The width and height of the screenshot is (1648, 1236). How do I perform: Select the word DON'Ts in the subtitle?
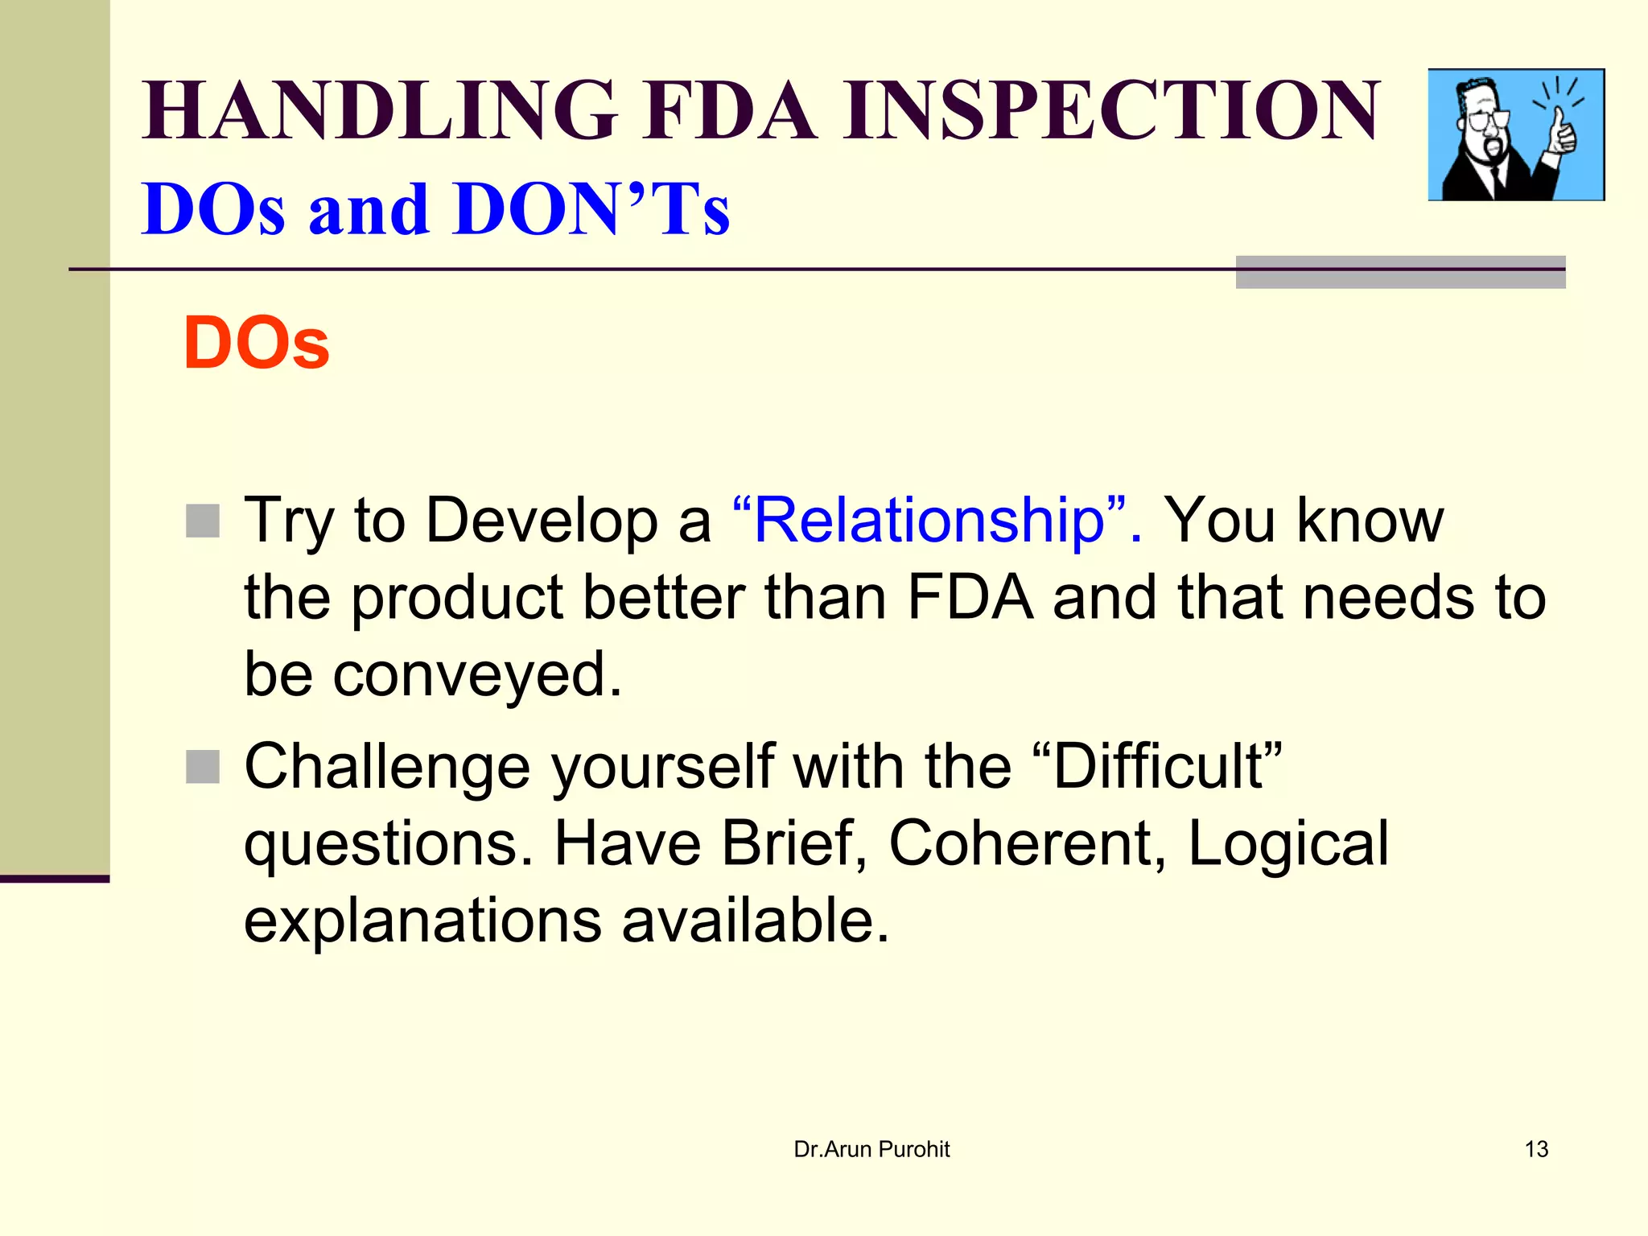click(x=591, y=209)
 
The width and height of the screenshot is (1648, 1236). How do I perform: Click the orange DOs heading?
click(x=256, y=344)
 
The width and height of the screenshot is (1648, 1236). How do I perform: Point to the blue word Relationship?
click(x=929, y=521)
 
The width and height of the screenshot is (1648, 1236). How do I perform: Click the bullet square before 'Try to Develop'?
click(x=203, y=521)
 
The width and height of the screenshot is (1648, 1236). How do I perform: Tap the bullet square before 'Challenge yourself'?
click(x=203, y=767)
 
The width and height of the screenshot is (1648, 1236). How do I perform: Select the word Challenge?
click(x=386, y=767)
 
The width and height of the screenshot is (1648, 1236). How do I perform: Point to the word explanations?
click(x=422, y=921)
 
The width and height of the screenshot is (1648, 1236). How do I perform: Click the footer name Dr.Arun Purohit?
click(x=871, y=1149)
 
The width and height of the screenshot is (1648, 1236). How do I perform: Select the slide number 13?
click(x=1536, y=1149)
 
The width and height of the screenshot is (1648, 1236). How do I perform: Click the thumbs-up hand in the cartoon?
click(x=1561, y=133)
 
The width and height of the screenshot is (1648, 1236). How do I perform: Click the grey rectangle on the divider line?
click(x=1400, y=272)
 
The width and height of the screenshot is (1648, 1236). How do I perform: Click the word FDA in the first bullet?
click(x=970, y=598)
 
